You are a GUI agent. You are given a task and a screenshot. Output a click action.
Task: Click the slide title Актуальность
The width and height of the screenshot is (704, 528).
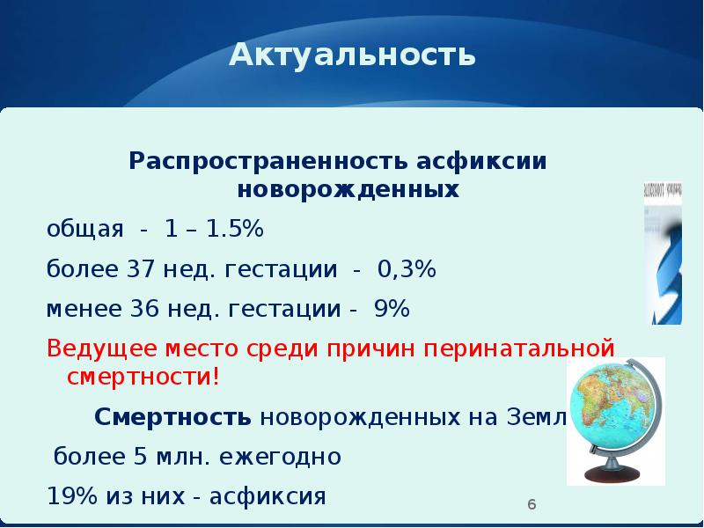(352, 56)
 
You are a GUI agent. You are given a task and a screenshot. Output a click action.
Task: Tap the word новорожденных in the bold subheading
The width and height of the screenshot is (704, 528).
(348, 190)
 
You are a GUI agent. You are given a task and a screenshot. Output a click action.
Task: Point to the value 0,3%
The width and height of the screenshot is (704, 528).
(407, 269)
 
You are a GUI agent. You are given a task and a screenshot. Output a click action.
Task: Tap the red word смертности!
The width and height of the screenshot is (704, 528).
(143, 378)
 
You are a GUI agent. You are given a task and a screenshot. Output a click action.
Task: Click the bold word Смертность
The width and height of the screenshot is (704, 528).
(173, 417)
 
